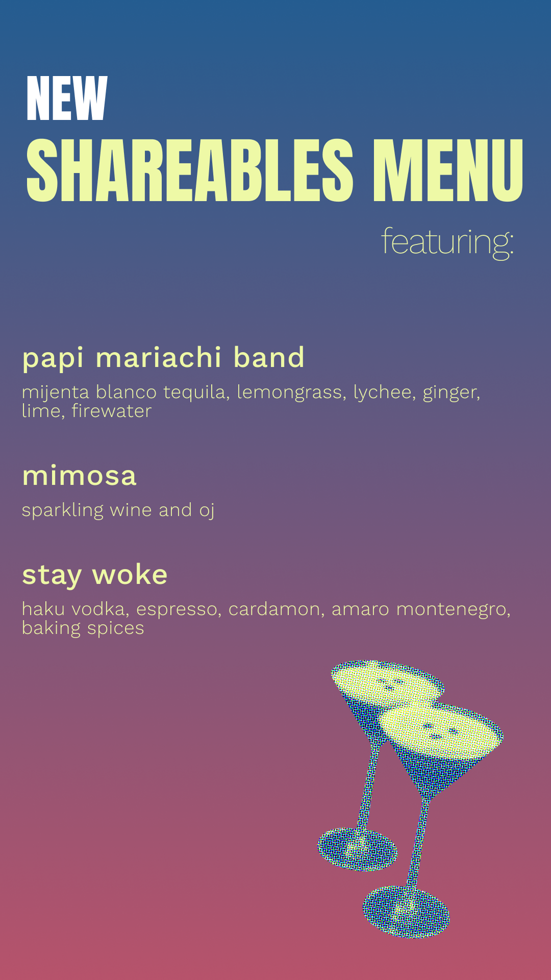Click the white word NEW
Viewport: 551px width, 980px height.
point(67,99)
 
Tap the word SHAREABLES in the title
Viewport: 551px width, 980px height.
point(189,170)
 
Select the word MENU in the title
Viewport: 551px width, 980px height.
point(447,170)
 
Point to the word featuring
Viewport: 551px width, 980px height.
point(447,242)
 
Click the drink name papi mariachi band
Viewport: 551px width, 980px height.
point(163,358)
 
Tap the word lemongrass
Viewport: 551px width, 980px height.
point(289,393)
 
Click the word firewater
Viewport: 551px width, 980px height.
point(111,411)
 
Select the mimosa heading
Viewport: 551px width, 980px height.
point(80,476)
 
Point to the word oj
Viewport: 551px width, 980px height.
point(207,510)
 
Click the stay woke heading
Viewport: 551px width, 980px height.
point(95,575)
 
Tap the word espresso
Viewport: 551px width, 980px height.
point(177,609)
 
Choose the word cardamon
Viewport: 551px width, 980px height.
point(274,609)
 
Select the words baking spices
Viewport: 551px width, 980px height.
point(83,628)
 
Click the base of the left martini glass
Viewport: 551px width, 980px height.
point(357,849)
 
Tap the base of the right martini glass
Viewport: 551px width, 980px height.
point(406,912)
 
